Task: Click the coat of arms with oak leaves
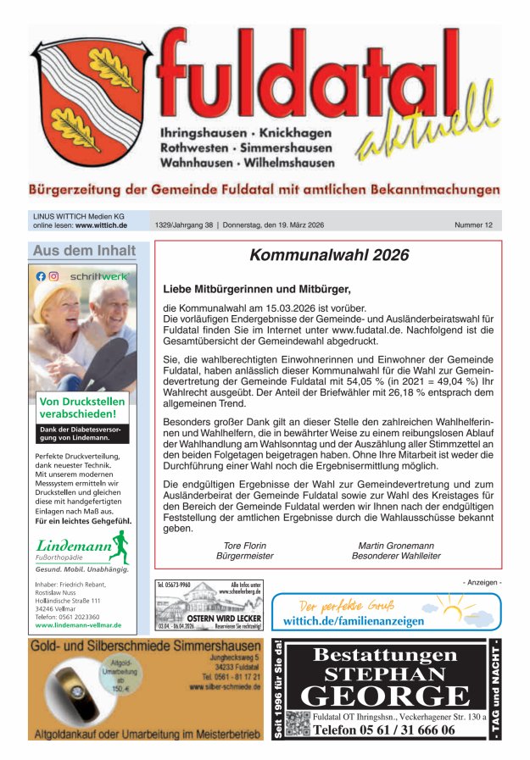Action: pyautogui.click(x=91, y=100)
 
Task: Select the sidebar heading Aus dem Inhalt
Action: pyautogui.click(x=84, y=251)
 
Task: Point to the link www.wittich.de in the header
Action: pyautogui.click(x=101, y=226)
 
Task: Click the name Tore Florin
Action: pyautogui.click(x=244, y=546)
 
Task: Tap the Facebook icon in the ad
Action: pyautogui.click(x=41, y=276)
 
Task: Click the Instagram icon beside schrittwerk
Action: pyautogui.click(x=53, y=276)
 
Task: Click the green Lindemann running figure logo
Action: pyautogui.click(x=119, y=546)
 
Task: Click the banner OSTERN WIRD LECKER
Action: pyautogui.click(x=211, y=619)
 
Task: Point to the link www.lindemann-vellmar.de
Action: pyautogui.click(x=78, y=625)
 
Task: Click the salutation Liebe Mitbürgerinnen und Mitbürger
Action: pyautogui.click(x=256, y=289)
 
